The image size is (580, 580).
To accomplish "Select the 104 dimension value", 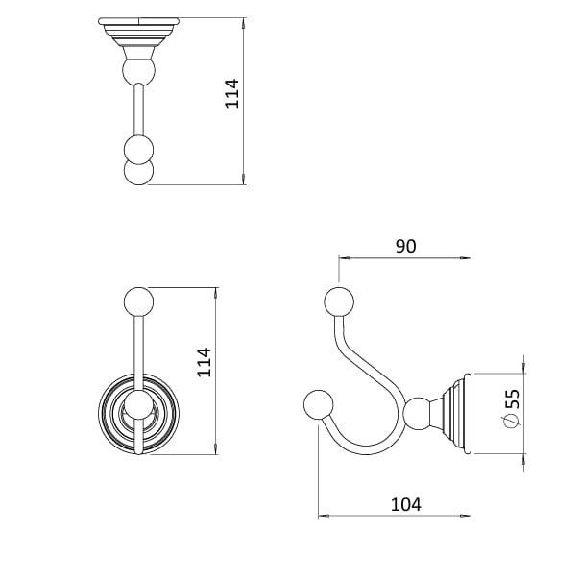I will click(404, 504).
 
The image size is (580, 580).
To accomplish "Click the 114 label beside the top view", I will click(231, 93).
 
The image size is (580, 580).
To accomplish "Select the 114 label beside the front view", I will click(204, 362).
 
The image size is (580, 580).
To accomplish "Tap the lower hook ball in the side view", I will click(318, 404).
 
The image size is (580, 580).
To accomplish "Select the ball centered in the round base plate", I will click(139, 406).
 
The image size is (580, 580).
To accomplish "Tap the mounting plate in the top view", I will click(139, 23).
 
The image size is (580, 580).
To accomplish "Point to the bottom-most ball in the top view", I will click(139, 173).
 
